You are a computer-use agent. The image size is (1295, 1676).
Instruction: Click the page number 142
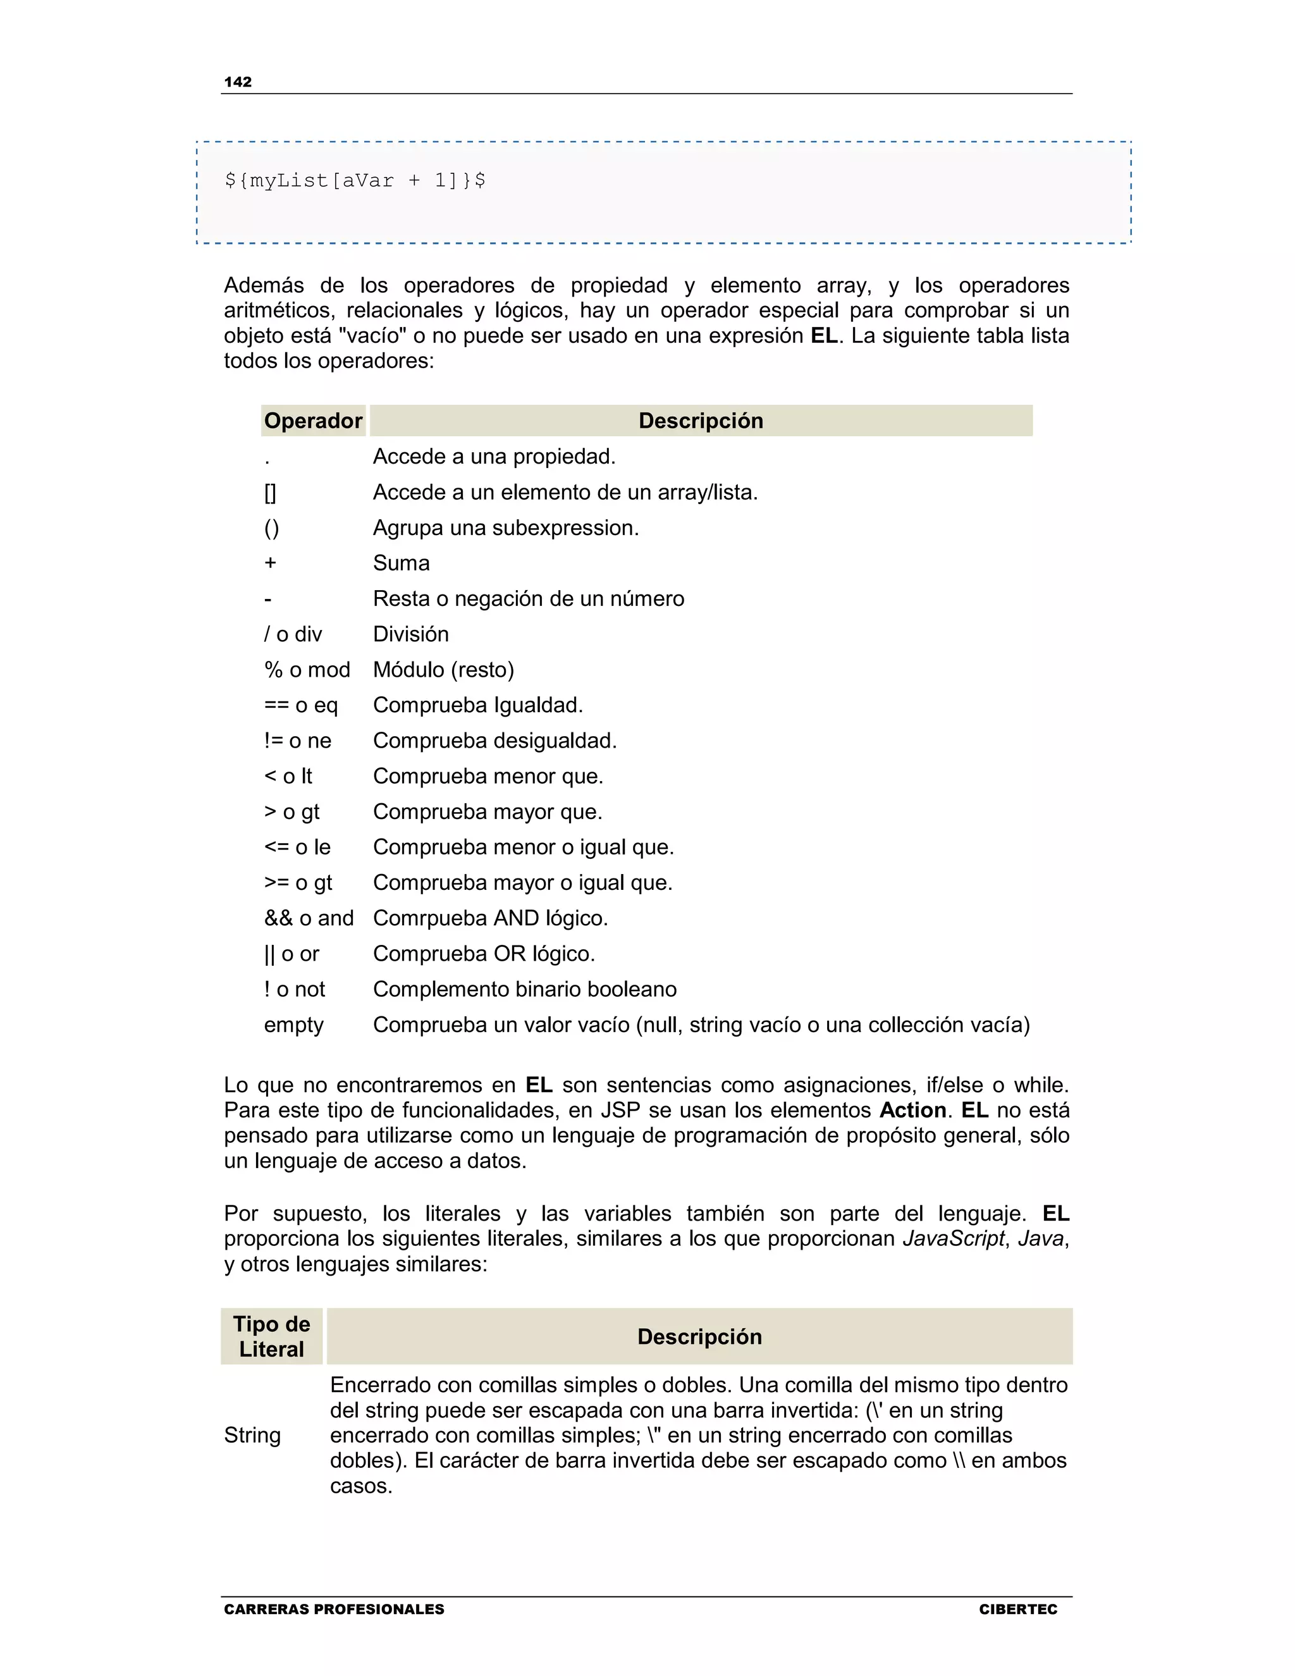click(238, 82)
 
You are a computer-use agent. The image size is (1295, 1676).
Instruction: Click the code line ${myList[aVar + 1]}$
click(355, 181)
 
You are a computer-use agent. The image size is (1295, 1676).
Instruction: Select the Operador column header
click(313, 421)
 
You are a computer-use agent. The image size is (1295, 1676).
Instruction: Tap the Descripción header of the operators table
click(701, 421)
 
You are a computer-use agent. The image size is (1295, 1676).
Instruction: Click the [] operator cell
click(270, 493)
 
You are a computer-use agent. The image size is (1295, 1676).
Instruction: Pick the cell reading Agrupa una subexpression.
click(506, 528)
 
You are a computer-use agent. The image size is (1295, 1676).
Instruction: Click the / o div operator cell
click(293, 634)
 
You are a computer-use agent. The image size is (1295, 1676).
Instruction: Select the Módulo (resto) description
click(443, 670)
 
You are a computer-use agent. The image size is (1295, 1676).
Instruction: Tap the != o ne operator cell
click(298, 741)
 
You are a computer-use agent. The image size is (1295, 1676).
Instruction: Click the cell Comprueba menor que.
click(488, 777)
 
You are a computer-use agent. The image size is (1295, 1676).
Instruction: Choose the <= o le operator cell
click(298, 847)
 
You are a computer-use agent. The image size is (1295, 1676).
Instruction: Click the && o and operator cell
click(309, 918)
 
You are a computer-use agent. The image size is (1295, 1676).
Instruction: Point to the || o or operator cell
click(292, 954)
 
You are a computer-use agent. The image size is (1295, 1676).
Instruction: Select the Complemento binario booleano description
click(525, 990)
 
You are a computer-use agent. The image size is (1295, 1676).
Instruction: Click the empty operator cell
click(294, 1025)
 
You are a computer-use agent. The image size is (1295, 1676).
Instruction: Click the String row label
click(252, 1435)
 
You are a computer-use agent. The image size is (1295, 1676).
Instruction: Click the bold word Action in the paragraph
click(912, 1111)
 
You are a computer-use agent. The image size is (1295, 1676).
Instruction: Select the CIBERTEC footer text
click(1017, 1609)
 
